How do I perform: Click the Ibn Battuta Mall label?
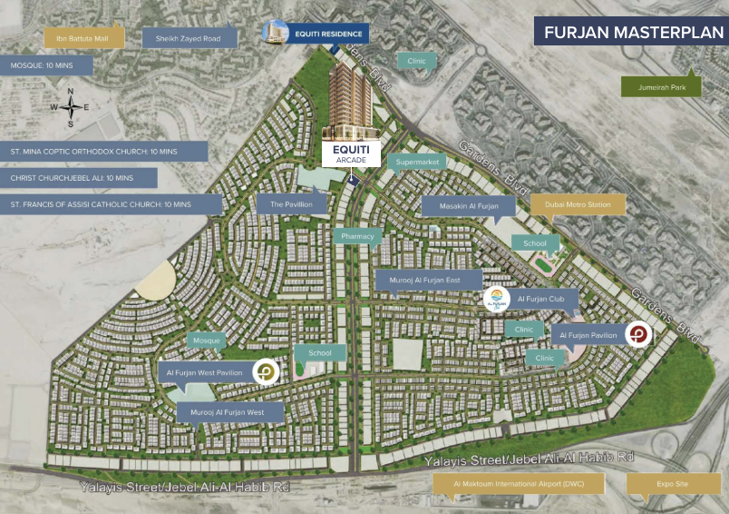(84, 37)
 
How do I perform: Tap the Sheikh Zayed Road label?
(190, 37)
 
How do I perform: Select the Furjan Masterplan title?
(629, 33)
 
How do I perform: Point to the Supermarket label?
(417, 163)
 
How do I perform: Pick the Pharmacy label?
(358, 236)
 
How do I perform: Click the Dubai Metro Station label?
(578, 205)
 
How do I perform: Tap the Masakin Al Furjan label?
(468, 207)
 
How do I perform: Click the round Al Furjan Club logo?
(497, 299)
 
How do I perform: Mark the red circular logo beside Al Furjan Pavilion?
(638, 335)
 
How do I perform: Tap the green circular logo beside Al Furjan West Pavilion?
(265, 371)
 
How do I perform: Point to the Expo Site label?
(672, 485)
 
